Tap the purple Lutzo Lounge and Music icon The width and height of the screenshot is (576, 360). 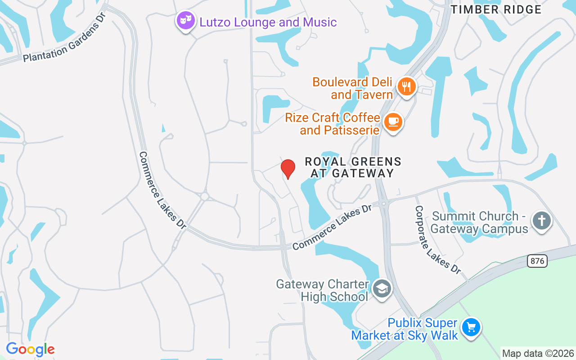click(185, 21)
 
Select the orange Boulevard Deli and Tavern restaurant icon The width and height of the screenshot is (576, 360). click(407, 86)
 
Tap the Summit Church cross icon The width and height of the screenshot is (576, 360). click(542, 221)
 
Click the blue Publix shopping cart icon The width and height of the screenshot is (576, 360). click(471, 327)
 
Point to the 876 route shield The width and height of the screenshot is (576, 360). click(537, 261)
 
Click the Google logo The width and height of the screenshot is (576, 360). click(30, 349)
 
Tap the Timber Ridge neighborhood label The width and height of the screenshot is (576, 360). click(496, 9)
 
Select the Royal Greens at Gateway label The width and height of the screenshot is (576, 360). click(353, 167)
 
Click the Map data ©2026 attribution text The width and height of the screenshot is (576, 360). click(538, 354)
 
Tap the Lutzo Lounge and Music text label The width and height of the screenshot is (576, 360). click(268, 22)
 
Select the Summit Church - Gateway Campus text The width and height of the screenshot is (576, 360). click(479, 223)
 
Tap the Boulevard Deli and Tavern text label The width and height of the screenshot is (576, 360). click(353, 88)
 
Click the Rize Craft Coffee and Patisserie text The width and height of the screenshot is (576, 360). click(333, 124)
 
